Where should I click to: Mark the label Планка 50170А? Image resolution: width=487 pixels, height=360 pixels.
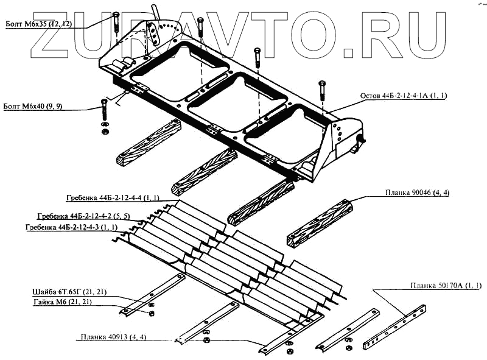click(x=445, y=286)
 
